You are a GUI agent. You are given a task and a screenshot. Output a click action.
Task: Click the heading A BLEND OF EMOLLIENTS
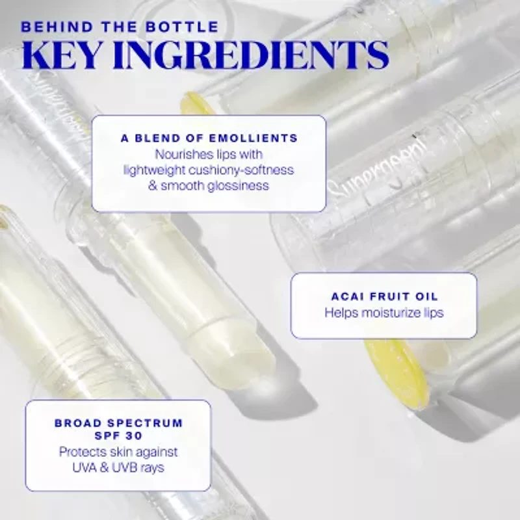click(209, 138)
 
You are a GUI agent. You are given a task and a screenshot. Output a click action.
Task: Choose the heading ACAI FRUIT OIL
click(384, 296)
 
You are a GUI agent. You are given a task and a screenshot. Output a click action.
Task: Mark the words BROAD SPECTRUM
click(118, 422)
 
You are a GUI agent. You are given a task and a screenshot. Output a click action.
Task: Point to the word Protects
click(83, 452)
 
